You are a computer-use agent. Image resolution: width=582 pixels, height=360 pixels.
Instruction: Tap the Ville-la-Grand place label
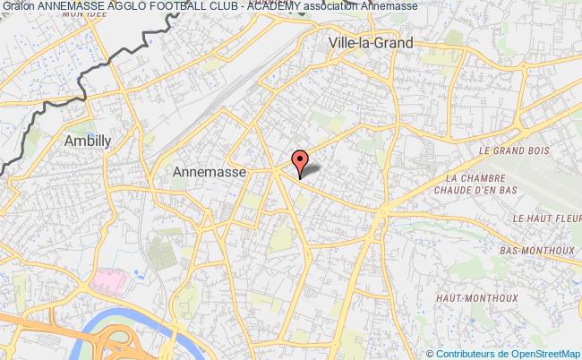point(371,42)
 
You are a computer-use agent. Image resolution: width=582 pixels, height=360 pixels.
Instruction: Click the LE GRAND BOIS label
point(514,151)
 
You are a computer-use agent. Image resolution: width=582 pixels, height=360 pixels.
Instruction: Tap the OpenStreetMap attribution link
point(543,353)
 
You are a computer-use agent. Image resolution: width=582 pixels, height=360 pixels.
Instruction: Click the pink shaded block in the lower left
point(109,280)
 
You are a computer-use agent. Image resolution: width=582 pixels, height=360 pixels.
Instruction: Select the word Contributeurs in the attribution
point(466,353)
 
